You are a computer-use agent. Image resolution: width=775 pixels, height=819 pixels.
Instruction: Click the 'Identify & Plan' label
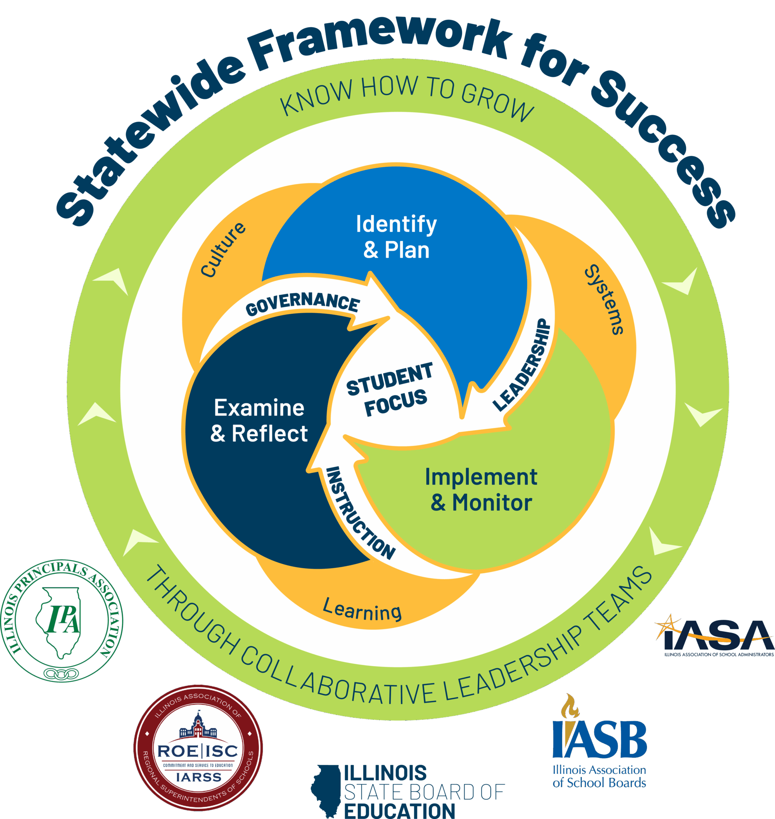(396, 237)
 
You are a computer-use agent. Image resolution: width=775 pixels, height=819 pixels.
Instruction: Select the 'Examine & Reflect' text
(259, 420)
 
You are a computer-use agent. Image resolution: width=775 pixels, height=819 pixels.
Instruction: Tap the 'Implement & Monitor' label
(481, 489)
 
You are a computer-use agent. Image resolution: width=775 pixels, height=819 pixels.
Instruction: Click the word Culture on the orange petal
(223, 249)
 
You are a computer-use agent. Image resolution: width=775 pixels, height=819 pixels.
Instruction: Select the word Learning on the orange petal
(362, 610)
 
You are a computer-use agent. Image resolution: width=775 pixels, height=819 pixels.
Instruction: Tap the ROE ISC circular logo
(198, 747)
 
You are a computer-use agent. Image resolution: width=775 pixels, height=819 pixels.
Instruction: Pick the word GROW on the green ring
(497, 102)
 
